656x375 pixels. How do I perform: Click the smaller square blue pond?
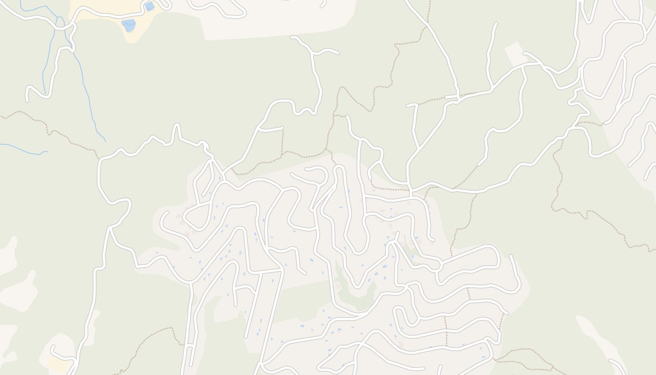tap(149, 7)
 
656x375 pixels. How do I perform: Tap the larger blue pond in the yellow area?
tap(128, 25)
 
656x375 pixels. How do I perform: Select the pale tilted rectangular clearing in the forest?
tap(514, 54)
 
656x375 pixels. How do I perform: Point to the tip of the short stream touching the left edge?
tap(47, 151)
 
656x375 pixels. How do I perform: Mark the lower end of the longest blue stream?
tap(105, 141)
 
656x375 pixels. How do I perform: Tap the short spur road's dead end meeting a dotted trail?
tap(283, 127)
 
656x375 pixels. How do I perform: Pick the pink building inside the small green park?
tap(338, 285)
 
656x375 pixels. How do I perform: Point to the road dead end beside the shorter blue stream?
tap(27, 100)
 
